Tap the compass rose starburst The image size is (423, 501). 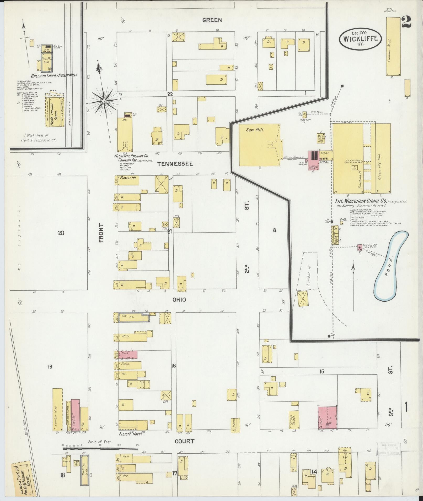tap(104, 101)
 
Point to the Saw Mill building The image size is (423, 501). tap(259, 145)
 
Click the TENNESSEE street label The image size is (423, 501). tap(175, 164)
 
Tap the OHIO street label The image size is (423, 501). tap(179, 299)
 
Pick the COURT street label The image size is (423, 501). tap(185, 441)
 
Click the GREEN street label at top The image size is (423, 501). tap(212, 20)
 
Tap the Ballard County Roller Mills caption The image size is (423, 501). tap(54, 75)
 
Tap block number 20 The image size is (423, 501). tap(61, 233)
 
